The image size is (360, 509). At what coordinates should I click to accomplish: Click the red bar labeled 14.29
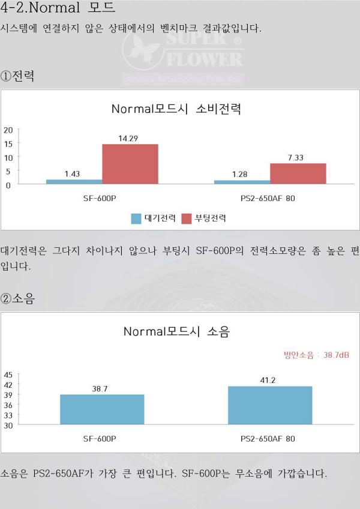point(130,164)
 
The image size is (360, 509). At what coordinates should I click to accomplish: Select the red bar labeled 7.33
point(298,173)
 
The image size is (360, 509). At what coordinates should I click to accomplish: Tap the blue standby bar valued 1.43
point(74,181)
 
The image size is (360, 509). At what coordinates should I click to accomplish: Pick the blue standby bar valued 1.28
point(242,182)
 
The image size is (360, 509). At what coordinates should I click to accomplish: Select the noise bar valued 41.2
point(270,405)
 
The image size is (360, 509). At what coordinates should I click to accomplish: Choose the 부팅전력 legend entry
point(203,218)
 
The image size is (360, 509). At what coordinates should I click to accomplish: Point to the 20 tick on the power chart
point(8,130)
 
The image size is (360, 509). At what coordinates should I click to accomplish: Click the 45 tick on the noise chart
point(8,375)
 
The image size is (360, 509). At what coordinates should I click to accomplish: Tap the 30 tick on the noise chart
point(8,425)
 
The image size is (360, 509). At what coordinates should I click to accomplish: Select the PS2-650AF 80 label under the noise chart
point(268,439)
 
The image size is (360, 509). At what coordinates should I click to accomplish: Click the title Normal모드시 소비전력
point(176,109)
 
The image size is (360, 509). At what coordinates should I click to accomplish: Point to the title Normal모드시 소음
point(176,331)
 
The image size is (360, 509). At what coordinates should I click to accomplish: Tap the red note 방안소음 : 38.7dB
point(316,355)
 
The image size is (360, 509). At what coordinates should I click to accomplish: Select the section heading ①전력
point(17,77)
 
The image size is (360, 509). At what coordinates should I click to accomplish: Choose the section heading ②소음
point(17,298)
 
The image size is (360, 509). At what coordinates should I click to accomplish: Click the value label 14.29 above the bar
point(128,138)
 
